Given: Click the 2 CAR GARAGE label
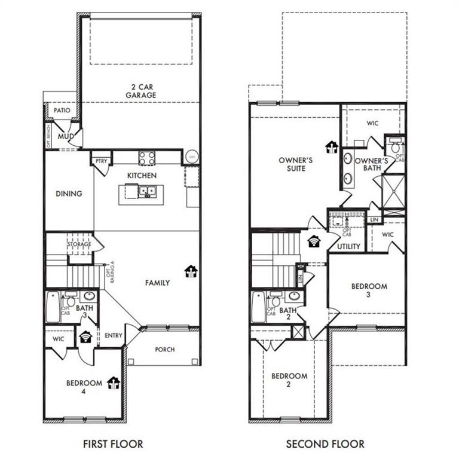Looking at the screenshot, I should coord(140,90).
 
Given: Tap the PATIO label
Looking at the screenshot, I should coord(62,111).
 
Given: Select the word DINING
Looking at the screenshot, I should coord(69,194).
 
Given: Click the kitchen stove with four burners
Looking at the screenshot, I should coord(147,158).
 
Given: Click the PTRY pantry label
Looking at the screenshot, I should coord(99,160).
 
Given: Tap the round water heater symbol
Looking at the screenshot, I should coord(192,157).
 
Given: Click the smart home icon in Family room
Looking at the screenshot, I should coord(191,272).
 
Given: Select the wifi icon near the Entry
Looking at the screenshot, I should coord(86,337).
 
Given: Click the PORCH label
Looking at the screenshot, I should coord(164,350).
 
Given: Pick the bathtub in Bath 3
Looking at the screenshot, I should coord(53,307).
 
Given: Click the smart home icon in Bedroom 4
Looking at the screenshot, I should coord(113,382).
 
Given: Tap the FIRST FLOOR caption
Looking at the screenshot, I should coord(114,444).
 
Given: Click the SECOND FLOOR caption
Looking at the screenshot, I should coord(325,444).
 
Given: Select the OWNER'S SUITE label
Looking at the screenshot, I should coord(292,164).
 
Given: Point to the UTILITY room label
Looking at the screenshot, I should coord(348,246).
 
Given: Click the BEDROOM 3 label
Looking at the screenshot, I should coord(369,290).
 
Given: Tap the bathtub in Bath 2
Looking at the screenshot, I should coord(258,307).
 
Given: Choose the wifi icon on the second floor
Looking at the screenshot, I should coord(314,241).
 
